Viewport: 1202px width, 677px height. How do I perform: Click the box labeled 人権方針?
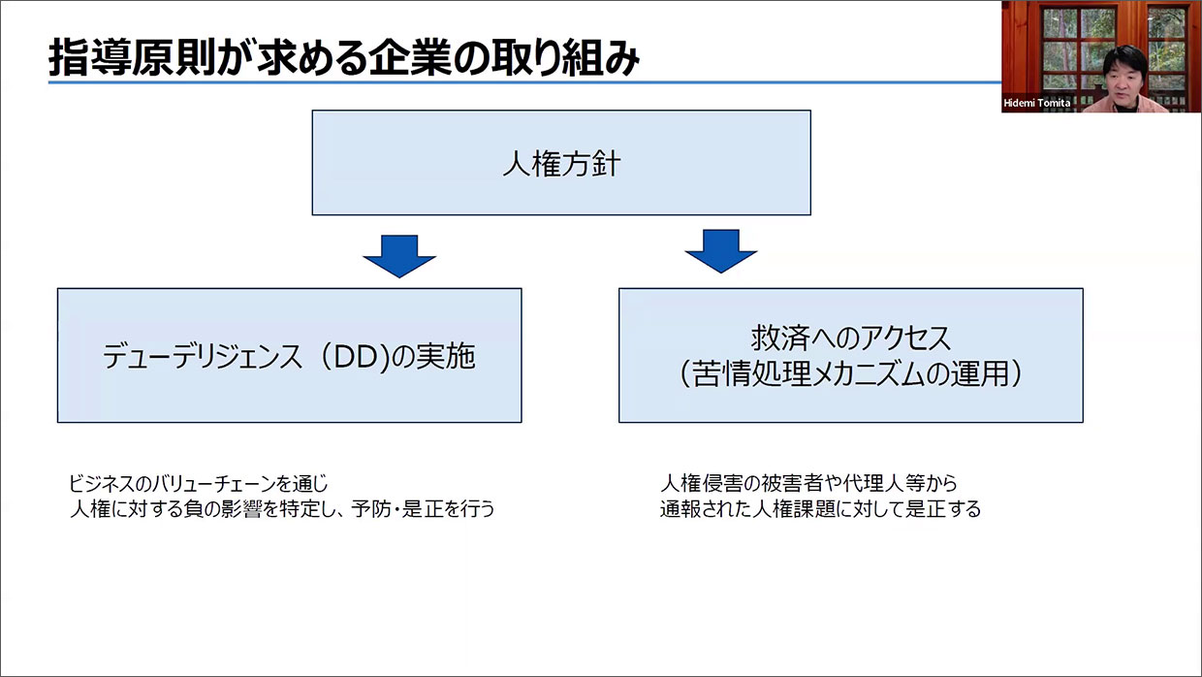pyautogui.click(x=560, y=162)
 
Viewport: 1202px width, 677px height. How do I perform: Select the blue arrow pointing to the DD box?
pyautogui.click(x=399, y=253)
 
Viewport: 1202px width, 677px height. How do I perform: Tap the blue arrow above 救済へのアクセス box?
pyautogui.click(x=719, y=249)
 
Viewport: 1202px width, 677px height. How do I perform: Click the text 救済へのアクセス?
pyautogui.click(x=850, y=338)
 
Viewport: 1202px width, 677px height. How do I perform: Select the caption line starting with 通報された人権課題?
pyautogui.click(x=820, y=508)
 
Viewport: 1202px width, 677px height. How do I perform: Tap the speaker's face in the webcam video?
pyautogui.click(x=1126, y=75)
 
